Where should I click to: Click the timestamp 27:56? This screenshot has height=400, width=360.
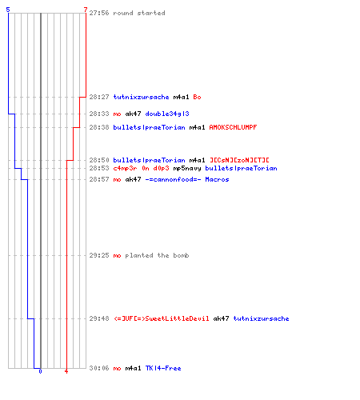click(x=99, y=13)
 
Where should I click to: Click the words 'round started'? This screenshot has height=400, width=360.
click(x=139, y=13)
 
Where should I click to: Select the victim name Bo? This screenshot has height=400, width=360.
click(x=197, y=97)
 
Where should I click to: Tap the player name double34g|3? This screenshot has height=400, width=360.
click(x=167, y=114)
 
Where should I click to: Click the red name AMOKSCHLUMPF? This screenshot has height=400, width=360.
click(x=233, y=127)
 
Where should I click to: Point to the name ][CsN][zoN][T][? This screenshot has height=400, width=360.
click(x=239, y=160)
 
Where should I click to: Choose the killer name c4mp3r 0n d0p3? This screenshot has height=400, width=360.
click(x=141, y=168)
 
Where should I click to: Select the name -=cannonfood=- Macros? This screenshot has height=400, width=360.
click(x=187, y=179)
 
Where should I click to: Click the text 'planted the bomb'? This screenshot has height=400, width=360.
click(x=157, y=255)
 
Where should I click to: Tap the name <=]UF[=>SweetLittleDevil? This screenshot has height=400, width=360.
click(x=162, y=318)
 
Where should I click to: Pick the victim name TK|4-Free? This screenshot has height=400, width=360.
click(x=163, y=368)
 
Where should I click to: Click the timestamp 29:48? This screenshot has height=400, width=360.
click(x=99, y=318)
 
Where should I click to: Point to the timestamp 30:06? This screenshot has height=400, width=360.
click(x=99, y=368)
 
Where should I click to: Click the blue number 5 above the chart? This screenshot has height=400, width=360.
click(x=8, y=10)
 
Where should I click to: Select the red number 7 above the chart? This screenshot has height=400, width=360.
click(x=86, y=10)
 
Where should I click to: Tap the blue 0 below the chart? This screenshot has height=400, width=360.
click(x=40, y=371)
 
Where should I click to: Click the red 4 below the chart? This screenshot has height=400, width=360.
click(x=66, y=371)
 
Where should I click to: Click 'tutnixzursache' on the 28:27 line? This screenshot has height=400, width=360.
click(x=141, y=97)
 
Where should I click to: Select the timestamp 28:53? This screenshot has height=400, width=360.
click(x=99, y=168)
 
